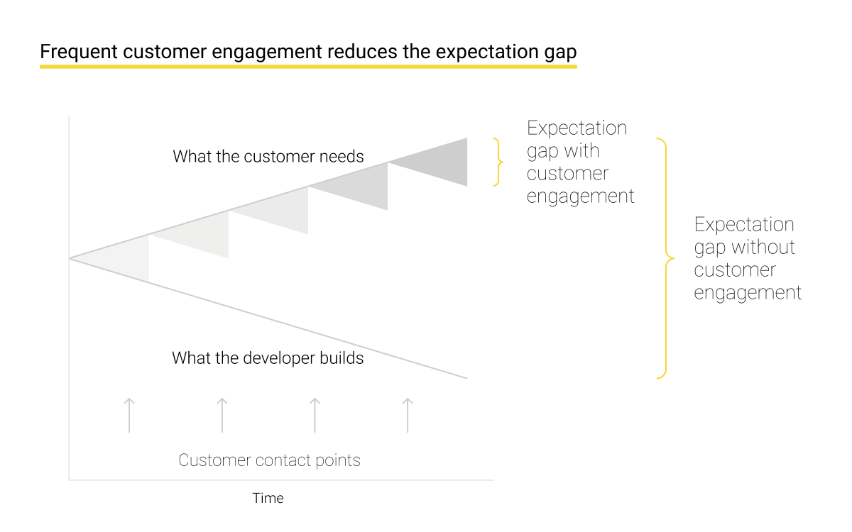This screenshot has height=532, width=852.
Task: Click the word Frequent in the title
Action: [x=79, y=52]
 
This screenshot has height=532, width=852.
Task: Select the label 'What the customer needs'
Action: [x=268, y=156]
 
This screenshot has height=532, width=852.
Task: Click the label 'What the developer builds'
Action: [x=268, y=358]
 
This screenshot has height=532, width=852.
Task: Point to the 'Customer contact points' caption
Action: [x=269, y=460]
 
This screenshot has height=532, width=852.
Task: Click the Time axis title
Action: [x=268, y=498]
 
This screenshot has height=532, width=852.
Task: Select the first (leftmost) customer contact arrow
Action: [x=129, y=415]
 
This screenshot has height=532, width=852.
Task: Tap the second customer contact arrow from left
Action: [x=222, y=415]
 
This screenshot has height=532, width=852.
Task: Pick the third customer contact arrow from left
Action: [x=315, y=415]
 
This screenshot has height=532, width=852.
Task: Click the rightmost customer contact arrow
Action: [x=408, y=415]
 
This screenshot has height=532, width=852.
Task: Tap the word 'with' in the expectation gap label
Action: [x=581, y=151]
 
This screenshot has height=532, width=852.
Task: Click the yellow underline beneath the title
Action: [x=308, y=67]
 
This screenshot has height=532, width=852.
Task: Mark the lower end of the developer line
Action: [x=467, y=378]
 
